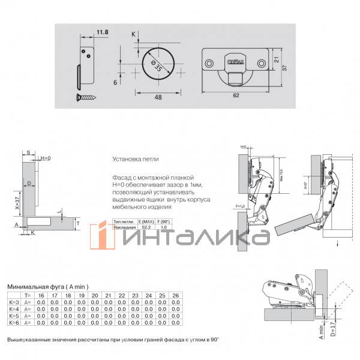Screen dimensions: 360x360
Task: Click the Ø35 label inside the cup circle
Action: (157, 67)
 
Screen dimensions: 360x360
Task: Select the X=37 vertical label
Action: (19, 201)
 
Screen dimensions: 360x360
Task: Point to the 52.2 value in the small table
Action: (146, 227)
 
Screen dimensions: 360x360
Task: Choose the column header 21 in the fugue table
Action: (107, 296)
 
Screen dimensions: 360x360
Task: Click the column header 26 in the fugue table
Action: (175, 296)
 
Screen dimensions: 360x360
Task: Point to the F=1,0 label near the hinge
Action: (242, 207)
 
